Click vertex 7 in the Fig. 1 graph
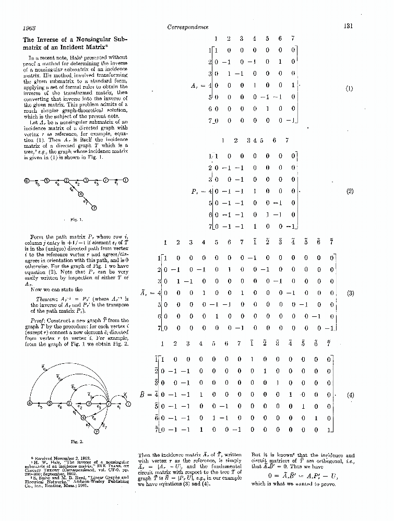[94, 207]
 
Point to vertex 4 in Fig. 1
[80, 194]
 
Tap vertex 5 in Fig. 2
[50, 404]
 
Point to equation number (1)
[350, 88]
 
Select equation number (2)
[350, 191]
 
